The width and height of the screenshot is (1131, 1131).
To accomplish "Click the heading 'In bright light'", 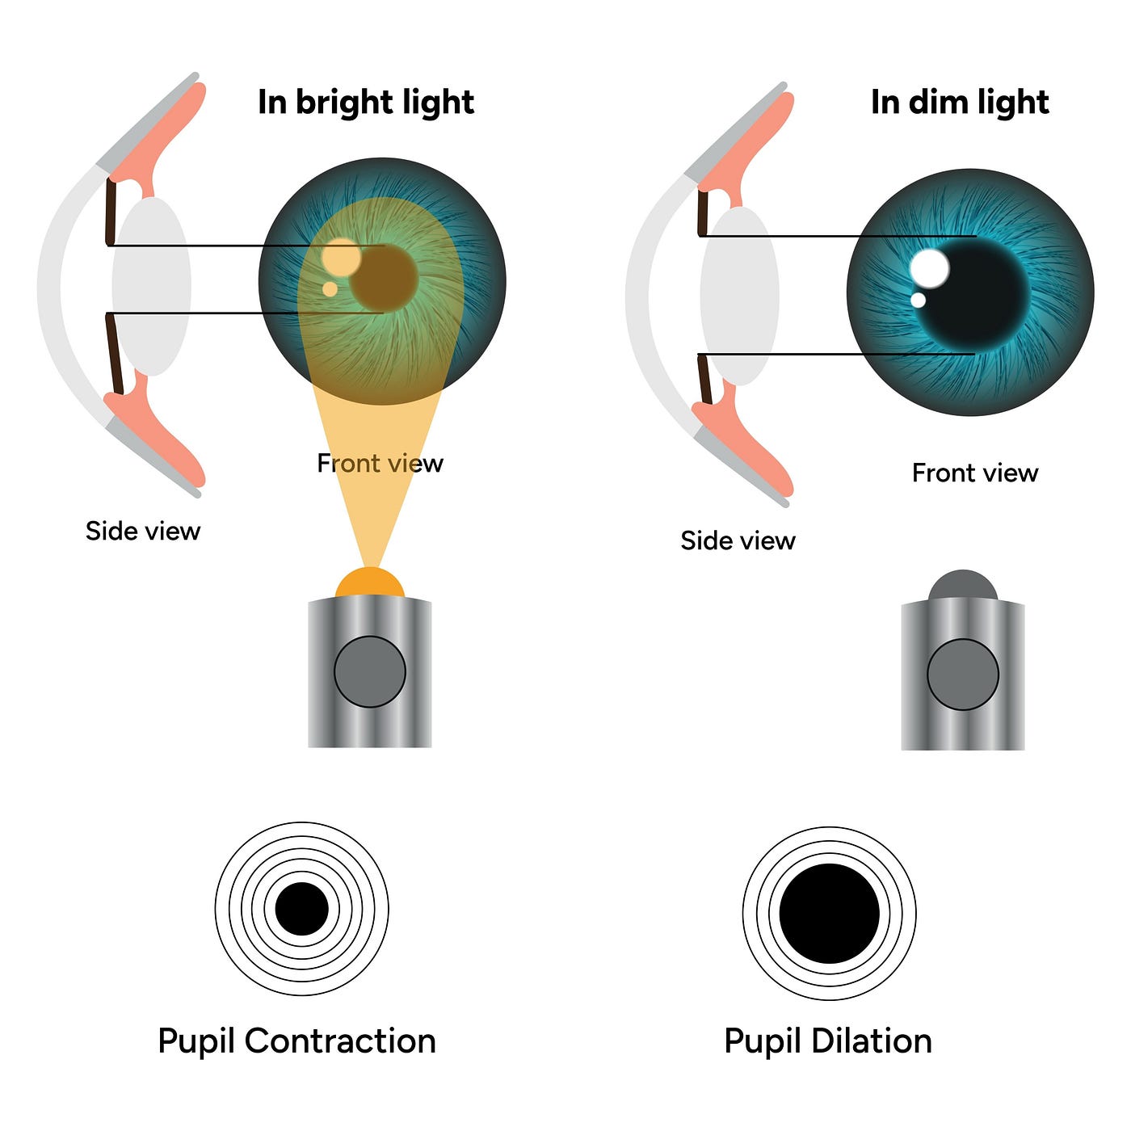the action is (366, 103).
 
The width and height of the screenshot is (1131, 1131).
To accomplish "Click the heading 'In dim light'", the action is (960, 103).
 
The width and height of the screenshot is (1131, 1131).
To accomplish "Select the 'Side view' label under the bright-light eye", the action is (143, 531).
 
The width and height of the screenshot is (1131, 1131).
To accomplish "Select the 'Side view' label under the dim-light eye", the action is (738, 540).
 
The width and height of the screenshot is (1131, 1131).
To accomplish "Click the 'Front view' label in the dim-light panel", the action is (975, 473).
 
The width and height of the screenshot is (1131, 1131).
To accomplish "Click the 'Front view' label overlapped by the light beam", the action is (381, 464).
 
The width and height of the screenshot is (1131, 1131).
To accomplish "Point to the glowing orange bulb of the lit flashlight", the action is (370, 583).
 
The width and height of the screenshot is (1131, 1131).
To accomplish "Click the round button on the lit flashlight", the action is (370, 671).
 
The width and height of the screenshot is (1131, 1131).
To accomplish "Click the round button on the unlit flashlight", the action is (962, 675).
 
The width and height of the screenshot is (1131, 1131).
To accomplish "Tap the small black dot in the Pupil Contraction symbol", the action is (301, 909).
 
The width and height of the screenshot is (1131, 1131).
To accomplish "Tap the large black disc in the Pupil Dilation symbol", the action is (830, 913).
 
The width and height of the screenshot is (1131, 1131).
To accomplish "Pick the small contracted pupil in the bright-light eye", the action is (384, 278).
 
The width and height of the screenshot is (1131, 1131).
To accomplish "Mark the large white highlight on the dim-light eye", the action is (930, 268).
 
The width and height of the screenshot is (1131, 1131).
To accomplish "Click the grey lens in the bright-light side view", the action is (151, 286).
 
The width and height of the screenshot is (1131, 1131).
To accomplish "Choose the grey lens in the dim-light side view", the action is (739, 296).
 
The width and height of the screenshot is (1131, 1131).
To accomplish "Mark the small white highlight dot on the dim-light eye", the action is (918, 300).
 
